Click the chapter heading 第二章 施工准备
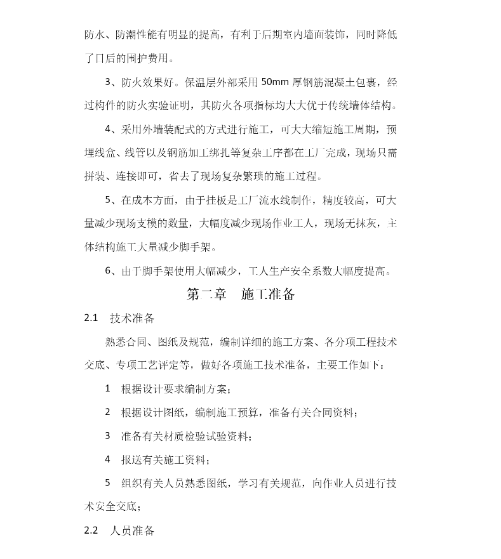(241, 294)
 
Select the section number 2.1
(91, 318)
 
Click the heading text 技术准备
(132, 318)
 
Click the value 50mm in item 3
(276, 82)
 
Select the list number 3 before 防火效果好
(108, 82)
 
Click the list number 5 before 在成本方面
(108, 200)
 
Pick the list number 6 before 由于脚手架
(108, 271)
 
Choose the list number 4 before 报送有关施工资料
(108, 459)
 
